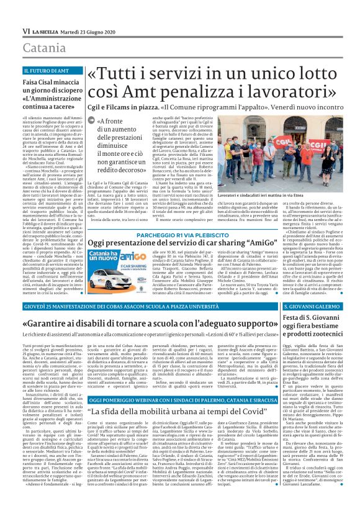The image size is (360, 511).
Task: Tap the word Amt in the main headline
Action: pyautogui.click(x=163, y=93)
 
